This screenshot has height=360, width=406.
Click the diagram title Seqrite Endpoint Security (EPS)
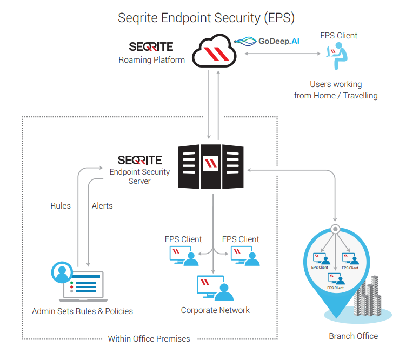click(207, 17)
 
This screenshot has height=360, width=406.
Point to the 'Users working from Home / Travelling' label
click(336, 90)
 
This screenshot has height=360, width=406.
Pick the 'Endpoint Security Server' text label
click(139, 176)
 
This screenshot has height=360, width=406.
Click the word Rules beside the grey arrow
click(61, 205)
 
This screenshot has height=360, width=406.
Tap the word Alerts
click(102, 205)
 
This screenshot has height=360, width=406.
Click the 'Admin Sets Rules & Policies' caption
click(82, 311)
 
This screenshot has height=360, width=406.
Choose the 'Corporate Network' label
click(215, 310)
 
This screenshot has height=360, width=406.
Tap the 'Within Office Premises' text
click(149, 339)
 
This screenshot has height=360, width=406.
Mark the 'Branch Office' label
click(353, 336)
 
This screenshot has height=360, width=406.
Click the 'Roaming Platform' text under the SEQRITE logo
click(152, 59)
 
